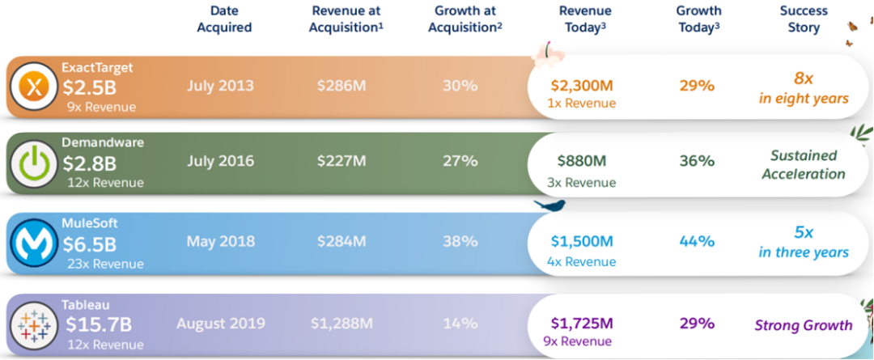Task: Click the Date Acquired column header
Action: pyautogui.click(x=220, y=19)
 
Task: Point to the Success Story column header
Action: pyautogui.click(x=804, y=19)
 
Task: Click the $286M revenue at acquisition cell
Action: pyautogui.click(x=341, y=86)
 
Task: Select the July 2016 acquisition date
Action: pyautogui.click(x=220, y=161)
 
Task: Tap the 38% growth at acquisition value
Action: pyautogui.click(x=460, y=241)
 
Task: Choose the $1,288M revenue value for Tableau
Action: pyautogui.click(x=341, y=324)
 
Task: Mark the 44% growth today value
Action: pyautogui.click(x=697, y=241)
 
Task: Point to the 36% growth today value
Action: pyautogui.click(x=697, y=161)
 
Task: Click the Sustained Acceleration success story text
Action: pyautogui.click(x=803, y=164)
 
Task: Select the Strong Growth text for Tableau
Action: pyautogui.click(x=803, y=326)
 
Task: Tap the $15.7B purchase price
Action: pyautogui.click(x=98, y=325)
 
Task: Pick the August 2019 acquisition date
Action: pyautogui.click(x=221, y=324)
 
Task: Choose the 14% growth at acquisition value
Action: pyautogui.click(x=460, y=324)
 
